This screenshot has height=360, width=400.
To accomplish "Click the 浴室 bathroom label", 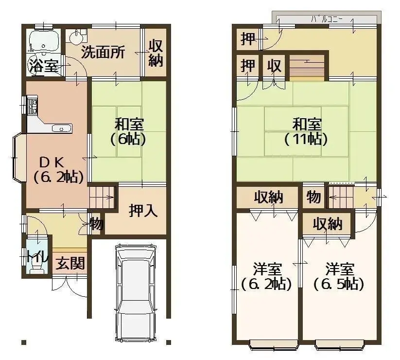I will [44, 66].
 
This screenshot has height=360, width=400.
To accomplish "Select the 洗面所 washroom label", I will [103, 53].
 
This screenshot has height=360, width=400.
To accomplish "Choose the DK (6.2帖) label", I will [56, 168].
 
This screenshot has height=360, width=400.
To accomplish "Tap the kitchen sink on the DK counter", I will [61, 128].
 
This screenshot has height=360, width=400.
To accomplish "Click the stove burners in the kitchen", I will [33, 106].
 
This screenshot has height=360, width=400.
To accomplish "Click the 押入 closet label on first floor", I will [143, 211].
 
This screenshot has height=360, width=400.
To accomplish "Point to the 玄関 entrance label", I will [70, 264].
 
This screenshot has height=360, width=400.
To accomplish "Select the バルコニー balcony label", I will [327, 19].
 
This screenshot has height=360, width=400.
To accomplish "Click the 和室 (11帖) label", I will [306, 131].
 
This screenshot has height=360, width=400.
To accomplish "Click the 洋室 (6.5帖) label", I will [339, 276].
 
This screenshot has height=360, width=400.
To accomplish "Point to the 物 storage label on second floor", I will [313, 197].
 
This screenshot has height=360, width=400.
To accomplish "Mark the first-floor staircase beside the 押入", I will [102, 198].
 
